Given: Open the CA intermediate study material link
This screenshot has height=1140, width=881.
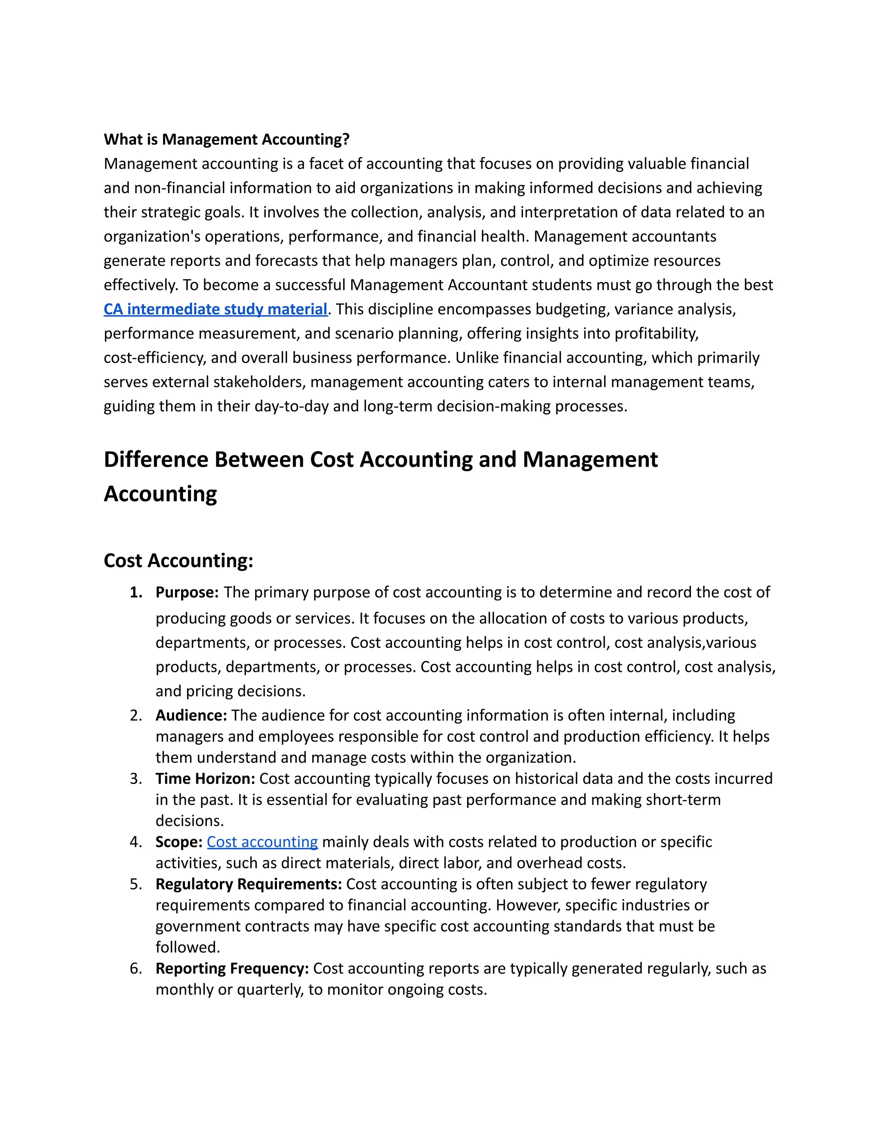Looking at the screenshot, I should click(x=215, y=309).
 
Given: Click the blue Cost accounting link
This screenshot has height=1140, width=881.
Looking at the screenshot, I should click(x=262, y=841).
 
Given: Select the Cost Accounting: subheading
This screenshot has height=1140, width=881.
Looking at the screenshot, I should click(x=179, y=561).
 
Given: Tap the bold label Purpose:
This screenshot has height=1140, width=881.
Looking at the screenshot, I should click(x=187, y=592).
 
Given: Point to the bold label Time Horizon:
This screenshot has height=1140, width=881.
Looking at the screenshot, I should click(x=205, y=778).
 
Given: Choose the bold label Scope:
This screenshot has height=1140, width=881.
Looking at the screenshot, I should click(x=179, y=841).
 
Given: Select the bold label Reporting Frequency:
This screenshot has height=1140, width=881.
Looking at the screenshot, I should click(x=232, y=968).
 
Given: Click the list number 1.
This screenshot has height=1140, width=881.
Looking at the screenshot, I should click(x=136, y=592).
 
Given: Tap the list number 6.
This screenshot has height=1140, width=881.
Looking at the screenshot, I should click(x=136, y=968).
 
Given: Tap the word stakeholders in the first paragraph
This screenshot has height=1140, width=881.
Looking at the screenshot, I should click(x=259, y=382).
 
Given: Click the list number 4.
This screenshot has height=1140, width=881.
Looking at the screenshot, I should click(x=136, y=841).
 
